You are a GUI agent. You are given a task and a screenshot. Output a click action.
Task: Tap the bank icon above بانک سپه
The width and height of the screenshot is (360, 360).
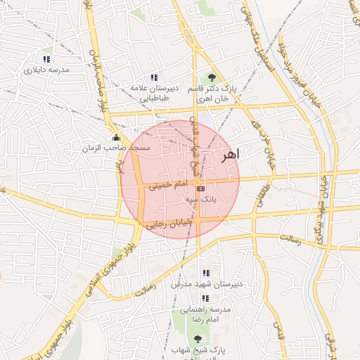click(201, 188)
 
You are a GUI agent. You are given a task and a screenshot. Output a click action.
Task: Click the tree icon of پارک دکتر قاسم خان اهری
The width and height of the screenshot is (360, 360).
click(210, 78)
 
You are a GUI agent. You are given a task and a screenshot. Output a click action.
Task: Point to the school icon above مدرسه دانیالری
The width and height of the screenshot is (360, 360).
click(46, 59)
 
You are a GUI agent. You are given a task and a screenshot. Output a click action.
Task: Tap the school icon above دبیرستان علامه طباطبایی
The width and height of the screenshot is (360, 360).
click(154, 77)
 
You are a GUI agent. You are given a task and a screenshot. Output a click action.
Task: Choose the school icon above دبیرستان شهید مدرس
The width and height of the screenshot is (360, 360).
click(206, 273)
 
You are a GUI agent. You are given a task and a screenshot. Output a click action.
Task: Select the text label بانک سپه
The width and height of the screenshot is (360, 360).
click(201, 200)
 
